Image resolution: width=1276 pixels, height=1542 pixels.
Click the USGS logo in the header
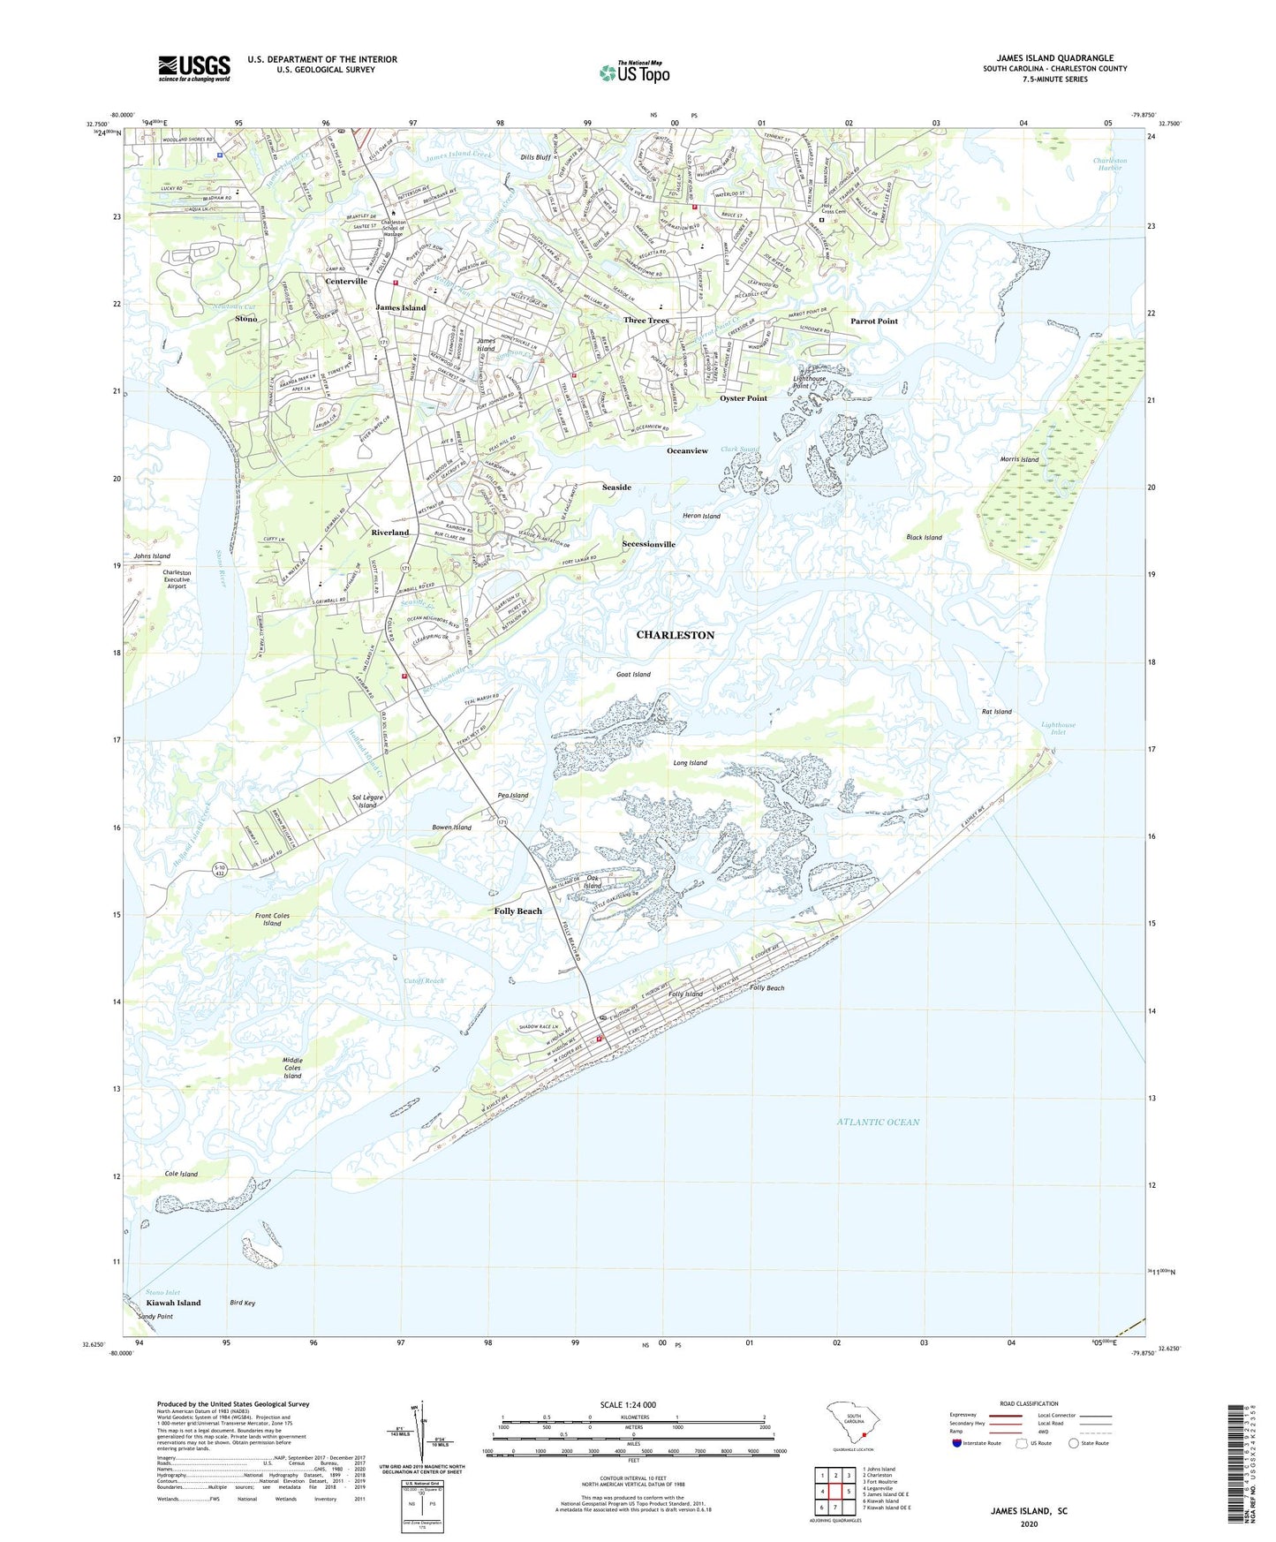pos(194,68)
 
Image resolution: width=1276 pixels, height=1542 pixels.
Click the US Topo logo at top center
pos(634,72)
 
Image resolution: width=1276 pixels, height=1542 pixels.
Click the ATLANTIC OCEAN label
pos(878,1122)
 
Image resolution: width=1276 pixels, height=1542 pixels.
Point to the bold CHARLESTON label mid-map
pos(676,635)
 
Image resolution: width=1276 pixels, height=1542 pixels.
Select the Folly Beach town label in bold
pos(517,911)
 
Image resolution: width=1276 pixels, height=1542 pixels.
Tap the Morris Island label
pos(1019,459)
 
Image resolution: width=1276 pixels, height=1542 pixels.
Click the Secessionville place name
pos(648,544)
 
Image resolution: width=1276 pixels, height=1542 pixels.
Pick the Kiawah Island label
pos(173,1303)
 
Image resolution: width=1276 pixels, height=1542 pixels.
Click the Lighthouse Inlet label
pos(1058,728)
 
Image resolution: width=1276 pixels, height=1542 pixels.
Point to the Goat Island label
pos(633,674)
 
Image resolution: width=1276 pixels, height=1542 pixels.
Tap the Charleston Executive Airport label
pos(177,578)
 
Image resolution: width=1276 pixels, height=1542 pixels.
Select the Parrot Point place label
pos(873,321)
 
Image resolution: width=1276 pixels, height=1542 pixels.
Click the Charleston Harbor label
pos(1109,163)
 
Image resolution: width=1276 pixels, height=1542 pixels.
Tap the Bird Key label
pos(242,1303)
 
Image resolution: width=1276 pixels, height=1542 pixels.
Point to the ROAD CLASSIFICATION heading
pos(1029,1403)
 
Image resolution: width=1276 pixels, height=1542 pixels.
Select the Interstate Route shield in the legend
pos(957,1443)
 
